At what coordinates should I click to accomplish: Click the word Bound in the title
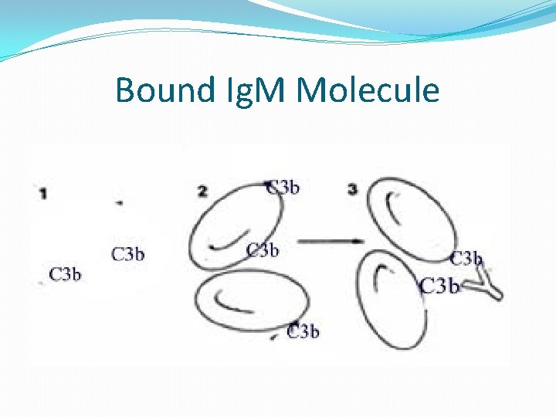pyautogui.click(x=163, y=91)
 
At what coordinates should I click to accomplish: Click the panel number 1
pyautogui.click(x=43, y=194)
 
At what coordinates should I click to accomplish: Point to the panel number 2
pyautogui.click(x=202, y=192)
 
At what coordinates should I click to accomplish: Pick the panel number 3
pyautogui.click(x=352, y=190)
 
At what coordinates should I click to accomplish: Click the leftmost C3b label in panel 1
pyautogui.click(x=66, y=273)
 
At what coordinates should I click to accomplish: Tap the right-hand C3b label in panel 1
pyautogui.click(x=128, y=254)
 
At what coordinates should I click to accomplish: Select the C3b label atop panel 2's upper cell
pyautogui.click(x=283, y=187)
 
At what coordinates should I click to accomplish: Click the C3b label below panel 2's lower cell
pyautogui.click(x=303, y=331)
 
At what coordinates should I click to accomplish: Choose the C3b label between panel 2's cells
pyautogui.click(x=263, y=250)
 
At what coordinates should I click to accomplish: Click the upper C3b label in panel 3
pyautogui.click(x=466, y=259)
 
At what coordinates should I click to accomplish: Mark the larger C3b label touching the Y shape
pyautogui.click(x=439, y=286)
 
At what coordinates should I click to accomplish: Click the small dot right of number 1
pyautogui.click(x=119, y=202)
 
